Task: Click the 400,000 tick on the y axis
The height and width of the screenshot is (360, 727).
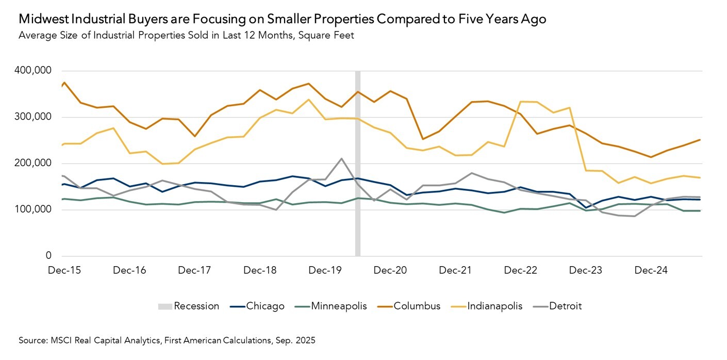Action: point(34,71)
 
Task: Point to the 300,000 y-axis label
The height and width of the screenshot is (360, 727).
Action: point(34,117)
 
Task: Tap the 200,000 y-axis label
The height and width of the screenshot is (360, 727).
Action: point(34,163)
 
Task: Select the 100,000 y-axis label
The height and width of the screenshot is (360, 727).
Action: point(34,209)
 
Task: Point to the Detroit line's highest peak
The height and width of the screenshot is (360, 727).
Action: point(341,158)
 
